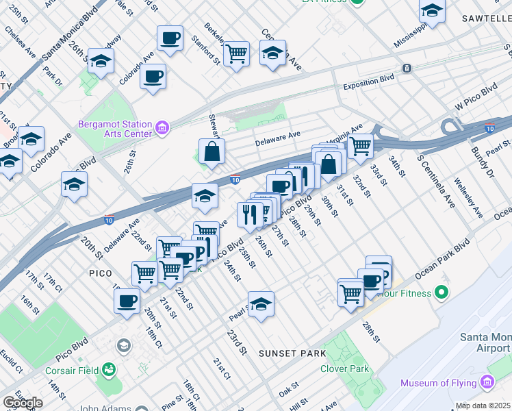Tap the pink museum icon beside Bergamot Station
pyautogui.click(x=162, y=127)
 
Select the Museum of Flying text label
pyautogui.click(x=438, y=383)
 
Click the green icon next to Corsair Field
pyautogui.click(x=110, y=372)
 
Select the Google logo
pyautogui.click(x=23, y=402)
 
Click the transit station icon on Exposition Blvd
pyautogui.click(x=407, y=68)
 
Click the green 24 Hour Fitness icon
pyautogui.click(x=441, y=293)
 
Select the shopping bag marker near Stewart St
pyautogui.click(x=212, y=152)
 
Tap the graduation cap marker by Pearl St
pyautogui.click(x=261, y=305)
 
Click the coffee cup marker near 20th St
pyautogui.click(x=127, y=301)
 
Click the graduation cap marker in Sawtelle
pyautogui.click(x=432, y=11)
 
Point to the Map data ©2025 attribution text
pyautogui.click(x=483, y=406)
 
